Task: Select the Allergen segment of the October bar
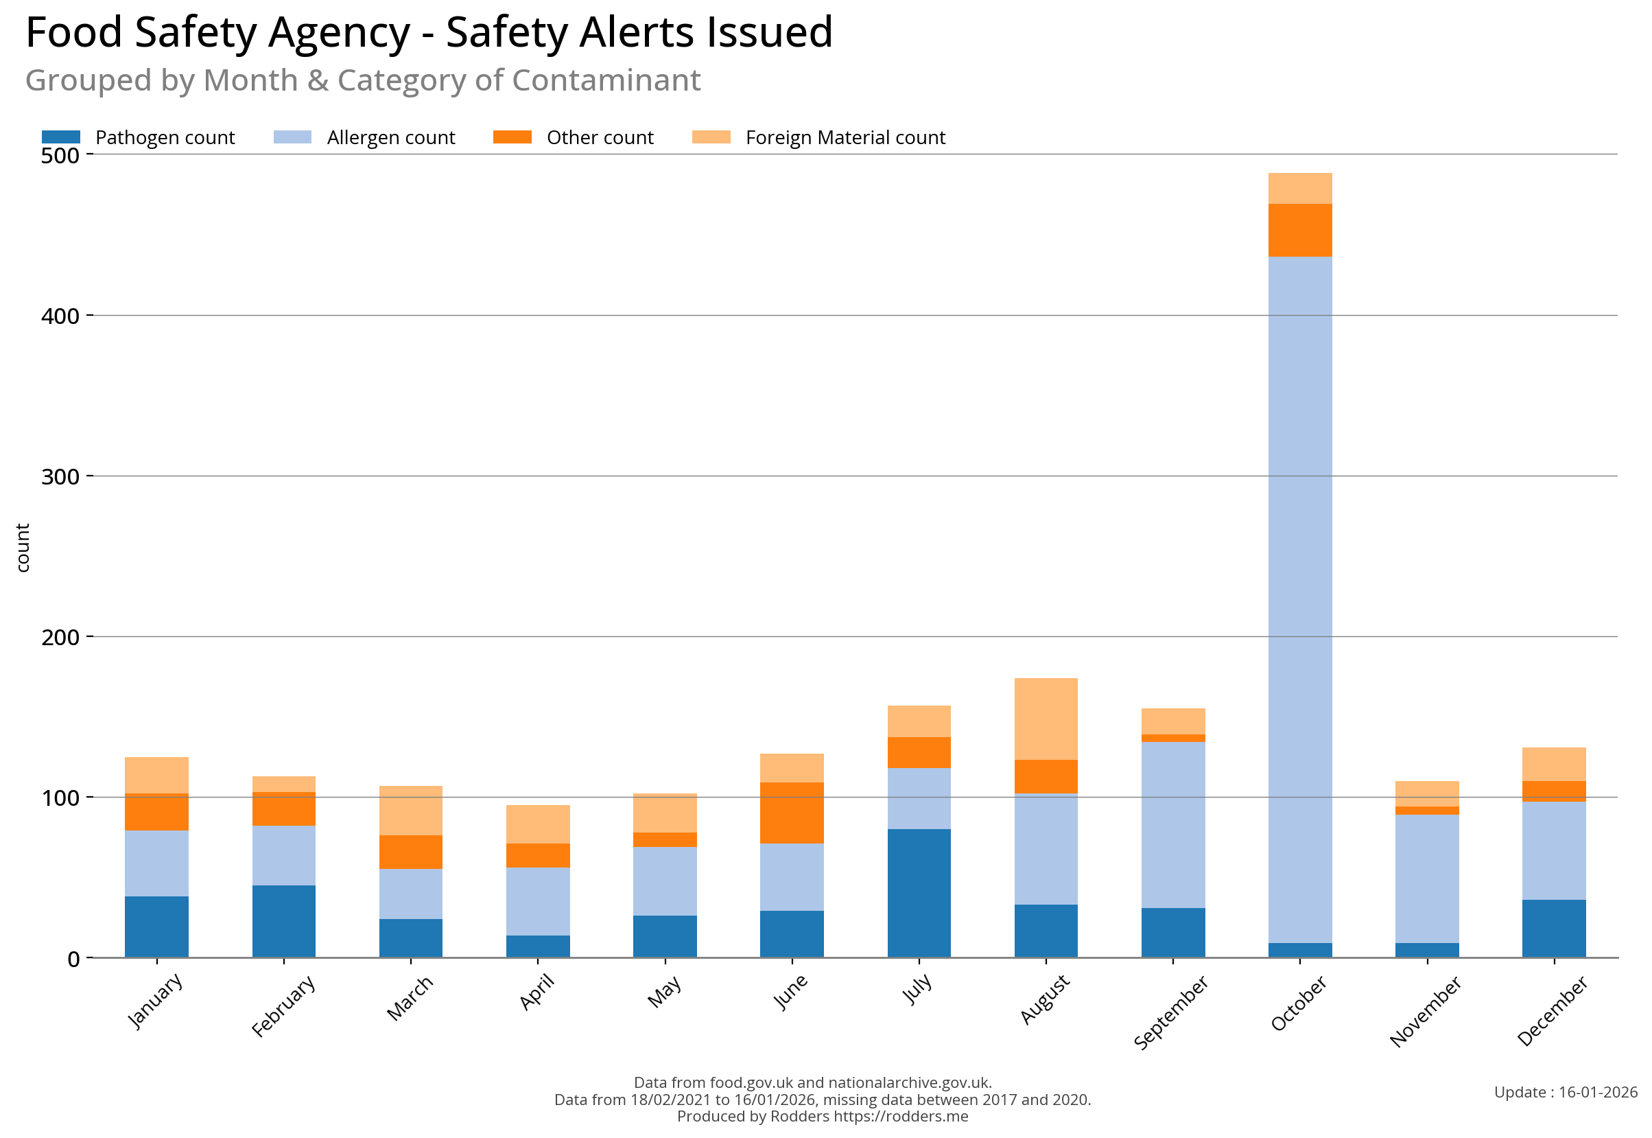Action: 1299,599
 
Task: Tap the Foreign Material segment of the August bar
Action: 1046,719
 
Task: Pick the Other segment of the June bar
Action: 791,813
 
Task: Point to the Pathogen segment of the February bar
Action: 283,920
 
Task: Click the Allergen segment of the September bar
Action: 1172,825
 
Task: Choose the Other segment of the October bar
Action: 1299,230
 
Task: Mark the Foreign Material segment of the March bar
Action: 410,810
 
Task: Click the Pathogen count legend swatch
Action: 60,137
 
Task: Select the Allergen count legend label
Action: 390,137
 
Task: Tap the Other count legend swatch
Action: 512,137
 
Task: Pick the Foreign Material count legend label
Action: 845,137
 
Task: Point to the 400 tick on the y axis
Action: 90,315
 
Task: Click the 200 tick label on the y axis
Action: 60,637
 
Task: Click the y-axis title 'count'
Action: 23,548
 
